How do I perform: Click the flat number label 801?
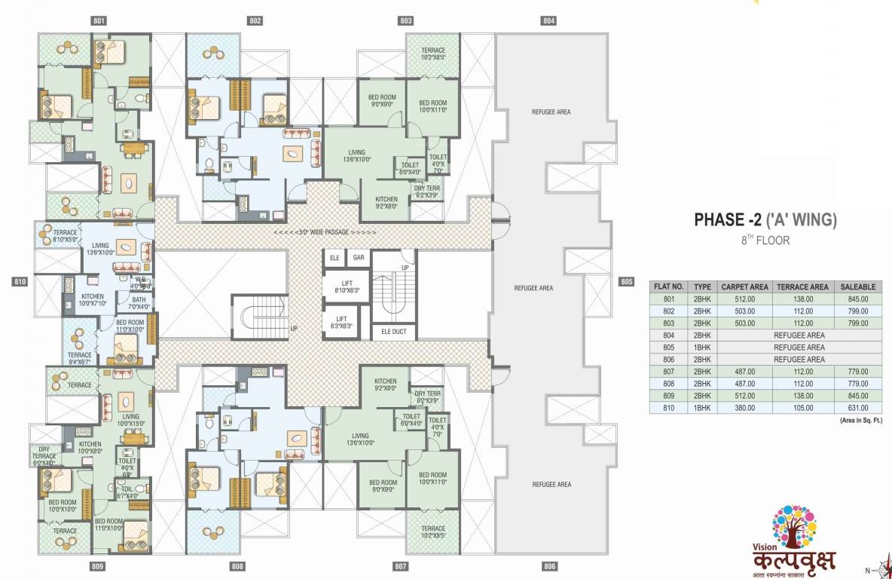coord(99,20)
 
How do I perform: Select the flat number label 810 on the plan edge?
coord(20,282)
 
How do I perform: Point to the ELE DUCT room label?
coord(393,331)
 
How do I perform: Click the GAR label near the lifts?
coord(359,258)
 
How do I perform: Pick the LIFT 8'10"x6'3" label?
coord(341,286)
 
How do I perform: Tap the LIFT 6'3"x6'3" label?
coord(341,323)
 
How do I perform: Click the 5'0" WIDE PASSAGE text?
coord(324,232)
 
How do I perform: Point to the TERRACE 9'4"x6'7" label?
coord(79,358)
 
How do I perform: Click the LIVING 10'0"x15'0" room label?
coord(131,419)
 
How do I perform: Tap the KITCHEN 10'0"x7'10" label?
coord(93,299)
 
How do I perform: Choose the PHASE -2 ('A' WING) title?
coord(765,221)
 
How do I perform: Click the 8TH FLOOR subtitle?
coord(764,241)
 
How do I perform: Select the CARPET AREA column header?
coord(744,286)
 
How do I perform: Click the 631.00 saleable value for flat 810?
coord(857,407)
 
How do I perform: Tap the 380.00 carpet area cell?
coord(744,407)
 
